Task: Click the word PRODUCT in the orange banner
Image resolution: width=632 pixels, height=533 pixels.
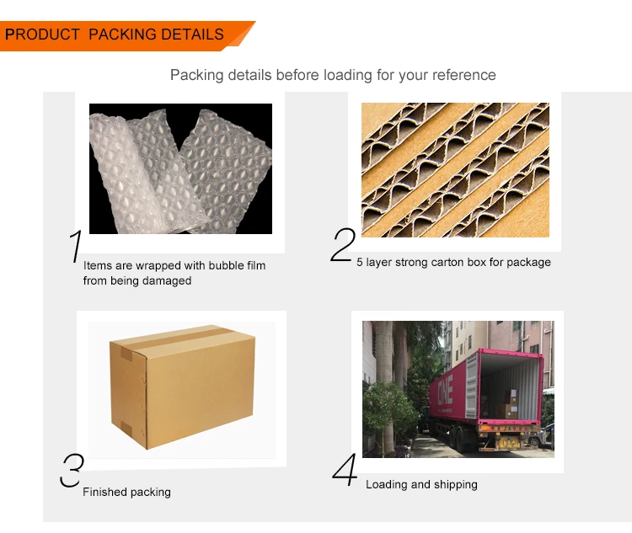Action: [42, 35]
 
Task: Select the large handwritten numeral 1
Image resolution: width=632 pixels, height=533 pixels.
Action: [75, 246]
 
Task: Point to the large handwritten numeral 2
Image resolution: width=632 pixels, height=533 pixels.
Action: [343, 245]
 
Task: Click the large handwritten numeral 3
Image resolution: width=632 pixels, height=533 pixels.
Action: [72, 470]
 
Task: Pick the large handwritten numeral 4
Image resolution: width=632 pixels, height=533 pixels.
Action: [345, 469]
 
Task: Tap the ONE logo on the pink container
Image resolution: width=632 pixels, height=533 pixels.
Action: [446, 390]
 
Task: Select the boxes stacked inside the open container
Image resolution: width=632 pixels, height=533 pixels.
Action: [507, 404]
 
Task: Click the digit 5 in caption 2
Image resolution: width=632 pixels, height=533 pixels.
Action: [359, 262]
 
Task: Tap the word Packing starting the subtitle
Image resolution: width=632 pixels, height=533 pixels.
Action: [196, 75]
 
